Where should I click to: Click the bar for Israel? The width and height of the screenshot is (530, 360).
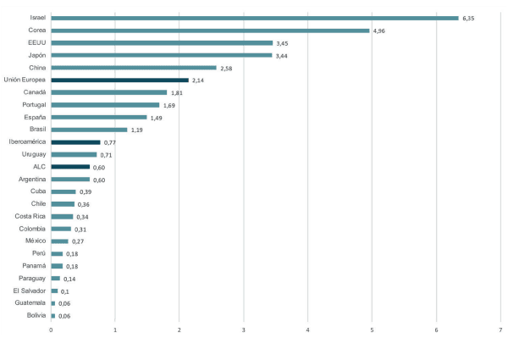tap(254, 18)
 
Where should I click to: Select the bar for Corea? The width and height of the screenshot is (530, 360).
tap(210, 30)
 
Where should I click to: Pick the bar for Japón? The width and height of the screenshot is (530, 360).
tap(161, 55)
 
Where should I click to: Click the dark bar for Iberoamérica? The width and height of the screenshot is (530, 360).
tap(75, 142)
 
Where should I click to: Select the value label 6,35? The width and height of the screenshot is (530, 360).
tap(469, 18)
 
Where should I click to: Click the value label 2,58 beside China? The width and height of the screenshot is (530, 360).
tap(227, 68)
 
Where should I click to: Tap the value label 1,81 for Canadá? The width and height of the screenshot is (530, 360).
tap(177, 92)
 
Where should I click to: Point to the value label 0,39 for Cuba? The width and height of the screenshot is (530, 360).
tap(86, 192)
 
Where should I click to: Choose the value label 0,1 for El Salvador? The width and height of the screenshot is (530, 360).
tap(65, 291)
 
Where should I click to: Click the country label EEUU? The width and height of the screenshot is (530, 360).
tap(36, 42)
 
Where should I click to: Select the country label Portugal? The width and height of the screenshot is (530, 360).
tap(33, 105)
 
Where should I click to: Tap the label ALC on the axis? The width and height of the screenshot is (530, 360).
tap(39, 167)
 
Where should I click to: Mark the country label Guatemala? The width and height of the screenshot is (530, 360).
tap(30, 302)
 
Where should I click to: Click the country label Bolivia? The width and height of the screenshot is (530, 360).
tap(35, 315)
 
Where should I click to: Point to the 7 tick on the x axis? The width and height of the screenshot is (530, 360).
tap(500, 330)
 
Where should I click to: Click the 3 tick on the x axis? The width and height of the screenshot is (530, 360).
tap(244, 330)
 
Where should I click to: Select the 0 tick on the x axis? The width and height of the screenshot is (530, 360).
tap(51, 330)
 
